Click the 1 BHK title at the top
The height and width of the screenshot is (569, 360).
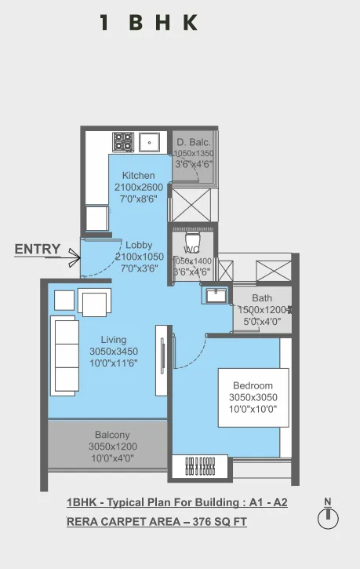148,23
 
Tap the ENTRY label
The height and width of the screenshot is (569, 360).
37,250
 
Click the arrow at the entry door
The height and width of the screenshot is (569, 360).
74,256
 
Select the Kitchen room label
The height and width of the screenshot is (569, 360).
138,175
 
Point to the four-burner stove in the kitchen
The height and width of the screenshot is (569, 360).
123,141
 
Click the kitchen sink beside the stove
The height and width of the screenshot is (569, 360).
150,142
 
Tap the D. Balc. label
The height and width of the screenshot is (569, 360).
192,142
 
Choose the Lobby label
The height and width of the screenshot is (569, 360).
139,246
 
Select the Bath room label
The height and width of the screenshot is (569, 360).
263,298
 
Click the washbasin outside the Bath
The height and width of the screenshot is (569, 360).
214,295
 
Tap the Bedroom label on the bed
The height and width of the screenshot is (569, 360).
252,385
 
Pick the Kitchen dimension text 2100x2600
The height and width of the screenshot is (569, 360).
138,188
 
